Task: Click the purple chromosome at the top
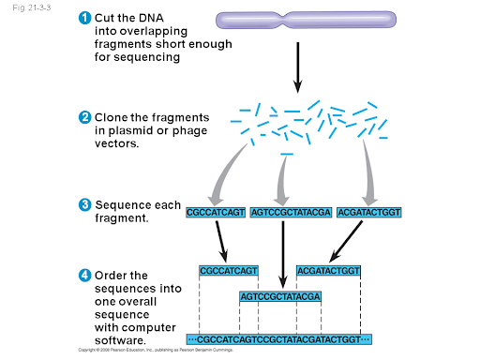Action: (296, 20)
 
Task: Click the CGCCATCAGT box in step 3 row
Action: (217, 212)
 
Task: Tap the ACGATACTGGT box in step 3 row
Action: (368, 212)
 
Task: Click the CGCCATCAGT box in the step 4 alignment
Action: (228, 271)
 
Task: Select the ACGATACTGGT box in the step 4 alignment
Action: (328, 271)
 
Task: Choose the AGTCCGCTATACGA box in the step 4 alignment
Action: (281, 297)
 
